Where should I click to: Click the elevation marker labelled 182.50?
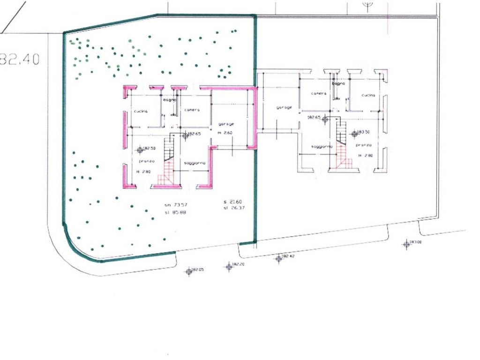[x=140, y=150]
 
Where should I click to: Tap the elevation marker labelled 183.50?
[x=354, y=134]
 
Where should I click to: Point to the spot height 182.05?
[x=189, y=271]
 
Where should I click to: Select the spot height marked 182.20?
[x=229, y=266]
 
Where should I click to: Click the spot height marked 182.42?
[x=279, y=257]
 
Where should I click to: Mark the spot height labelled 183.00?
[x=406, y=243]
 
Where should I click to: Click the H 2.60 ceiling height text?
[x=225, y=133]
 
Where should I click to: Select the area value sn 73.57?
[x=173, y=205]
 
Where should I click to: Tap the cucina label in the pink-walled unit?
[x=141, y=112]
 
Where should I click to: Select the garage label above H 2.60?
[x=225, y=124]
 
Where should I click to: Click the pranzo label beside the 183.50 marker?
[x=364, y=145]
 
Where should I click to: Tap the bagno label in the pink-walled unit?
[x=169, y=100]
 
